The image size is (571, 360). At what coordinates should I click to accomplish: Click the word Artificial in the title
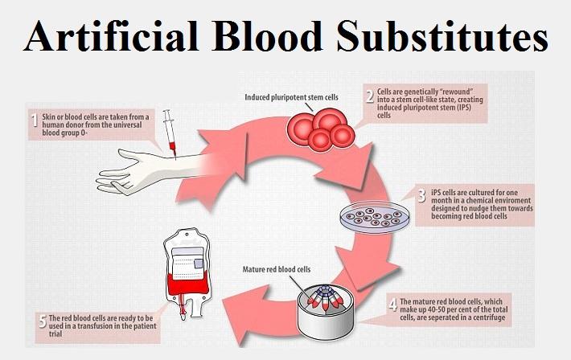(x=111, y=35)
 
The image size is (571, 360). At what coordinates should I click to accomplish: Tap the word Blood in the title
(x=267, y=35)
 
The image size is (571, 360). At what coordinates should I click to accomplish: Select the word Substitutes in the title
(x=442, y=35)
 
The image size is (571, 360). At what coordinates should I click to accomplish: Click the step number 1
(x=35, y=121)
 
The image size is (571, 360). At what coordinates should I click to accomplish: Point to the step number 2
(x=371, y=96)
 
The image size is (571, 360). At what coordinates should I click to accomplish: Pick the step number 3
(x=422, y=196)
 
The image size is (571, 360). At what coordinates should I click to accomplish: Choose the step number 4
(x=392, y=304)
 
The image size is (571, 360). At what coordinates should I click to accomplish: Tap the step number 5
(x=43, y=321)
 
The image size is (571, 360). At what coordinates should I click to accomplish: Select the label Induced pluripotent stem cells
(x=291, y=97)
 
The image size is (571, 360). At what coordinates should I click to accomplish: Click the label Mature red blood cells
(x=277, y=269)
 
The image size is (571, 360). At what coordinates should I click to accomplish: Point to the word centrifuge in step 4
(x=486, y=317)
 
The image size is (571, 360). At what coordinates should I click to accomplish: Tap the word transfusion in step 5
(x=99, y=325)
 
